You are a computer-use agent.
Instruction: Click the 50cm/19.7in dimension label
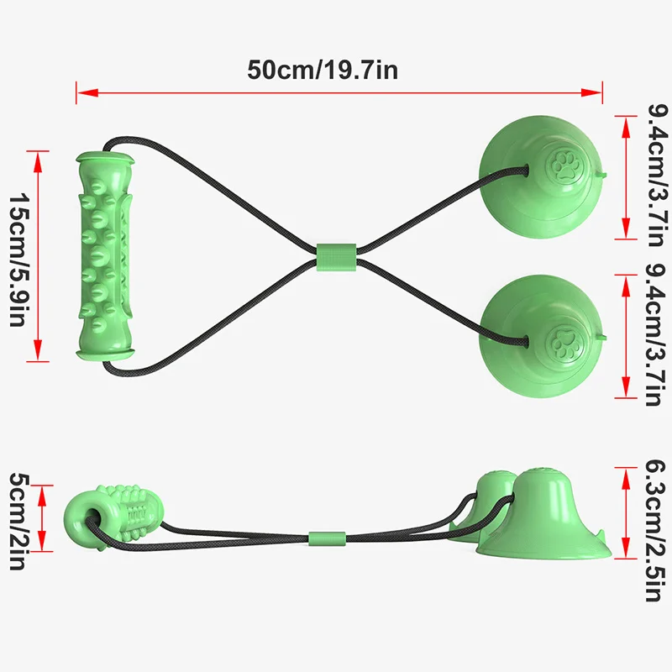[x=323, y=70]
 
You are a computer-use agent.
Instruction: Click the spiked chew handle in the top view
[x=106, y=256]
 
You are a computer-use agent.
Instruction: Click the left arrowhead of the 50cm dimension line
[x=81, y=92]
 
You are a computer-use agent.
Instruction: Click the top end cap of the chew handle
[x=105, y=157]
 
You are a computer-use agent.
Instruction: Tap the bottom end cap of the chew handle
[x=106, y=354]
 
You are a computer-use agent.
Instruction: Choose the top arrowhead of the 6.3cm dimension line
[x=622, y=473]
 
